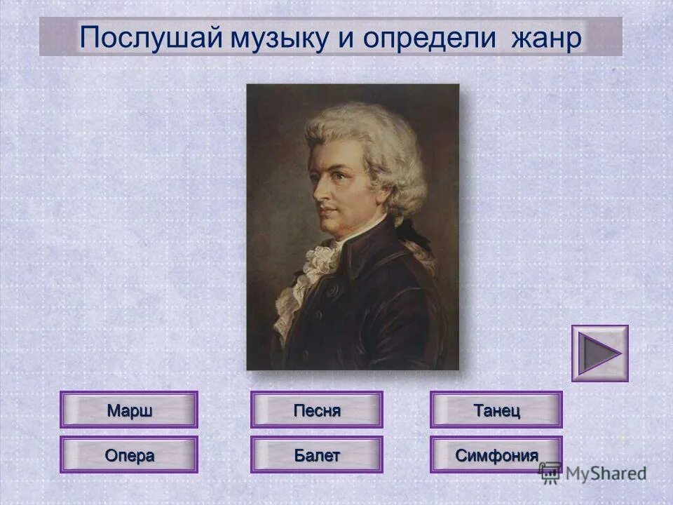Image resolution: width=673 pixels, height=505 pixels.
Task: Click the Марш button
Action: (x=129, y=410)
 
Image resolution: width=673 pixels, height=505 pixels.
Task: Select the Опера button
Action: (x=129, y=454)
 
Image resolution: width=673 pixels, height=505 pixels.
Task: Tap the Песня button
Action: (x=317, y=410)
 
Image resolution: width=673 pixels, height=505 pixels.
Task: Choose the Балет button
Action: (x=317, y=454)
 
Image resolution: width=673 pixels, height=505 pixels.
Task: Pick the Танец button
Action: (x=496, y=410)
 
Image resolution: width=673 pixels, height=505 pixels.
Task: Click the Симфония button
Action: (x=496, y=454)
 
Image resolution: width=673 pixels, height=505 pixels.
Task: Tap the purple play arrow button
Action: (x=599, y=353)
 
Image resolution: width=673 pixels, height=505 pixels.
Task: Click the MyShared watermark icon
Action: (x=550, y=471)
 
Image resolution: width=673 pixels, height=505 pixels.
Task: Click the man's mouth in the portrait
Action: (x=328, y=210)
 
